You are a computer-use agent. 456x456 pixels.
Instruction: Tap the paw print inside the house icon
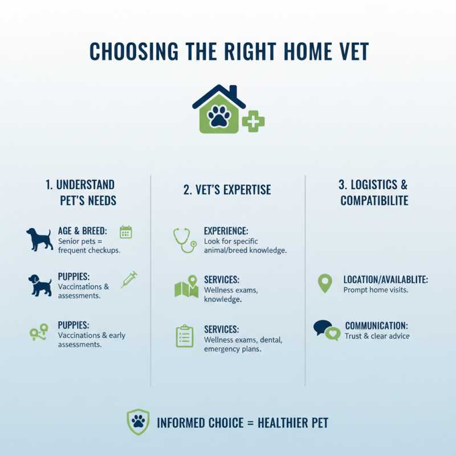coord(218,117)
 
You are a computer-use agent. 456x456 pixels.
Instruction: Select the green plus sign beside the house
coord(253,122)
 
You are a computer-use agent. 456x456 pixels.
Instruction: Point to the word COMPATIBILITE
coord(374,201)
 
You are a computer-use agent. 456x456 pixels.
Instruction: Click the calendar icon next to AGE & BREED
coord(126,232)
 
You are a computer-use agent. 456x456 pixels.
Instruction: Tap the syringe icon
coord(129,279)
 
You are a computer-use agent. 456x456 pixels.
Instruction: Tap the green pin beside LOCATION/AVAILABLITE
coord(324,283)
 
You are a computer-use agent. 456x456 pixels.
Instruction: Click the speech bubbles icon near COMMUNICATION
coord(327,330)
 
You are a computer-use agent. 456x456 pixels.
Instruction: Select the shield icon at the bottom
coord(138,422)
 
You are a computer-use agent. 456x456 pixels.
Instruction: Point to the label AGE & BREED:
coord(83,231)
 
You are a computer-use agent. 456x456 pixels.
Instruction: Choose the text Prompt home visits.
coord(376,290)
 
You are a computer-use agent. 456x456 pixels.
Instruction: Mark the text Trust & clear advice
coord(377,336)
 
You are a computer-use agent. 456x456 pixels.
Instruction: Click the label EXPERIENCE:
coord(226,231)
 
